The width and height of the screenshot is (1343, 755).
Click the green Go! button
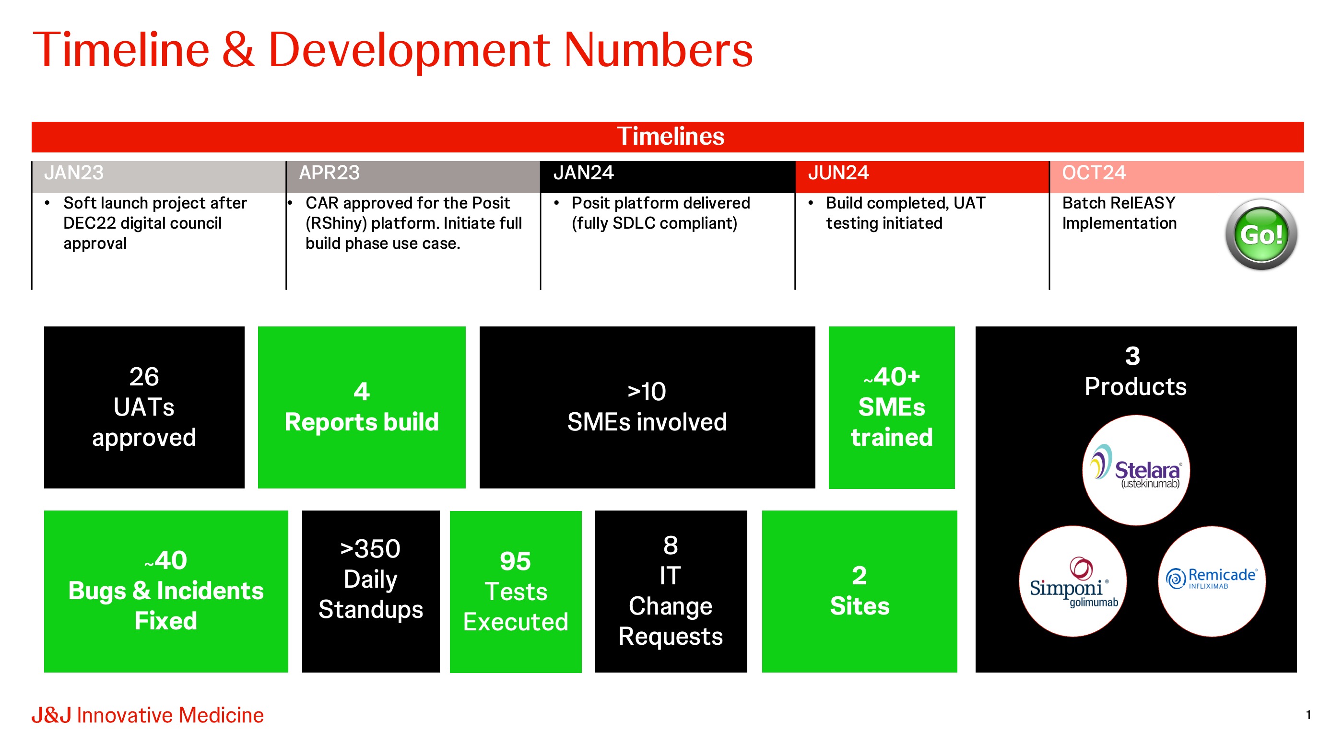(x=1261, y=234)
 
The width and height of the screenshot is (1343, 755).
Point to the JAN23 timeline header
(x=73, y=173)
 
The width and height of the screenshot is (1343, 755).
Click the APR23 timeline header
(x=329, y=173)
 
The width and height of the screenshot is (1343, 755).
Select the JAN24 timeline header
(x=583, y=173)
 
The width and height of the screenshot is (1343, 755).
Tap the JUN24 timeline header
(x=838, y=173)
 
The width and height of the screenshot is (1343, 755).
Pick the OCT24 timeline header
(x=1094, y=173)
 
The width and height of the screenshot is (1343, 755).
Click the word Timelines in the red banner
(x=671, y=137)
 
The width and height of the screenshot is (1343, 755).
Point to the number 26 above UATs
(x=144, y=377)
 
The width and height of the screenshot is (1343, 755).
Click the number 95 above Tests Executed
(x=515, y=561)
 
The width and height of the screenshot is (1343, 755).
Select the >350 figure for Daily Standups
(x=370, y=549)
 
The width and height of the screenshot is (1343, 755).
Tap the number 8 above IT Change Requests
(x=671, y=546)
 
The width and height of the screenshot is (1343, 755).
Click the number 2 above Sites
(x=859, y=576)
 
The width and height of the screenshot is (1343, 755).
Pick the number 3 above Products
(x=1132, y=356)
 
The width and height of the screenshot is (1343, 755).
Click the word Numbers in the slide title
(x=659, y=50)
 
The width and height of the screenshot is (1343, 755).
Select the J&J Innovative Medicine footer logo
(x=148, y=715)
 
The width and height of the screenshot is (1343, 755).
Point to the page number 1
(x=1308, y=715)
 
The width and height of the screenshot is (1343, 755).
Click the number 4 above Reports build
(x=361, y=392)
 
